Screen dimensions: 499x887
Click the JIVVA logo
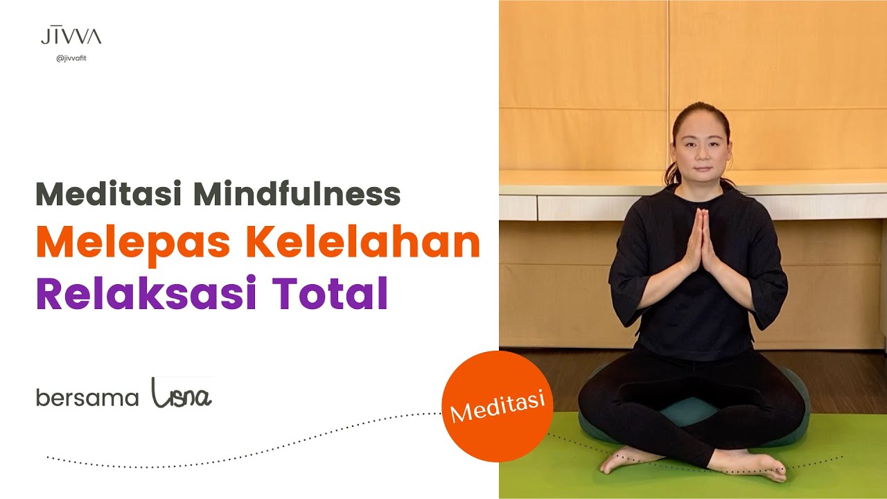(x=71, y=36)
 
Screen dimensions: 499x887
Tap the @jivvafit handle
(x=71, y=58)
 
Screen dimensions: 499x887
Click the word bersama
(x=87, y=398)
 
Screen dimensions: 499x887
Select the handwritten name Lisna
(x=182, y=394)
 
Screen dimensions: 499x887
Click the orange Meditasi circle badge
(x=496, y=405)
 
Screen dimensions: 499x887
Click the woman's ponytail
(x=671, y=173)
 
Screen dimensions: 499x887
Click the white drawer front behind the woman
(x=582, y=207)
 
